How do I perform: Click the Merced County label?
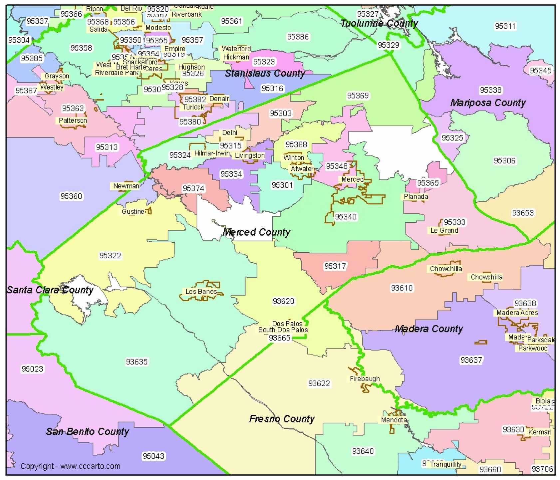tap(256, 232)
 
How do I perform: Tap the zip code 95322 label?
tap(110, 256)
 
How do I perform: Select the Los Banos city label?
tap(201, 292)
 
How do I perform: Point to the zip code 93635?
tap(137, 361)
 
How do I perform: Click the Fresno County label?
tap(282, 419)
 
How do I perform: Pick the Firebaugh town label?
tap(365, 379)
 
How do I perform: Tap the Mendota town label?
tap(394, 420)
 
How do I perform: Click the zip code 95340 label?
tap(346, 217)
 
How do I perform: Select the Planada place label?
tap(416, 197)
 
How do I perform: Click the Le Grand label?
tap(444, 231)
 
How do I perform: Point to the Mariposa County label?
tap(488, 103)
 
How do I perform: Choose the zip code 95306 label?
tap(504, 161)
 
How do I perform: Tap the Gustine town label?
tap(133, 211)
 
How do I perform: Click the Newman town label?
tap(126, 186)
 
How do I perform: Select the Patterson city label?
tap(73, 120)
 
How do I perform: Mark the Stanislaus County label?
tap(265, 73)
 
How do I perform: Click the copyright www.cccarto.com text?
tap(70, 466)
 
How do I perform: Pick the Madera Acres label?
tap(517, 313)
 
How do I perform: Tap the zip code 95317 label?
tap(335, 266)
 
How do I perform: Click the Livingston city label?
tap(250, 155)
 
